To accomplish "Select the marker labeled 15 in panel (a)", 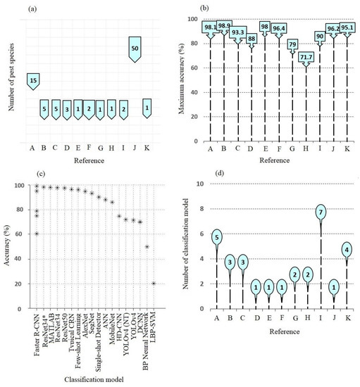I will pos(32,81).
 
